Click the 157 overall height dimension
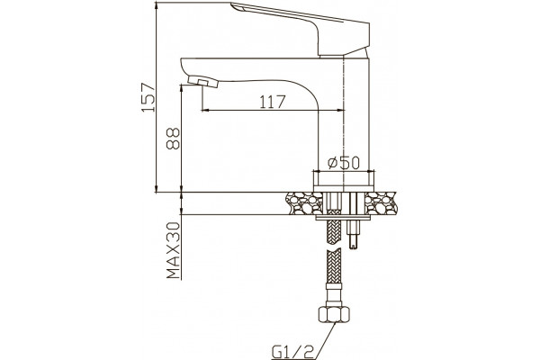(x=148, y=97)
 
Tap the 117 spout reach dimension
(x=273, y=102)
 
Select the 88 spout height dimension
(x=173, y=139)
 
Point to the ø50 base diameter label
(x=344, y=163)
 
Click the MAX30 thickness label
(x=174, y=250)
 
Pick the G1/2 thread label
(x=292, y=352)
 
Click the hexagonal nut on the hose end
(x=334, y=313)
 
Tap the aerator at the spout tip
(x=203, y=82)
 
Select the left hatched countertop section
(x=304, y=203)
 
